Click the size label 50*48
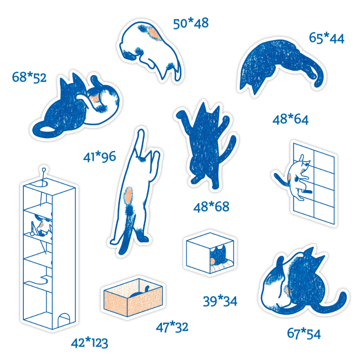(x=191, y=23)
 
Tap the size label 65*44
(x=327, y=38)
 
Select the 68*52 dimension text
(x=29, y=77)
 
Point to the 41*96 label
(x=99, y=157)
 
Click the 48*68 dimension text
(x=211, y=207)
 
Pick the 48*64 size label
(x=290, y=119)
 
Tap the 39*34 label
(x=220, y=301)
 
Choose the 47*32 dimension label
(x=172, y=327)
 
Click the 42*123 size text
(x=90, y=343)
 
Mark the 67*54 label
(x=304, y=333)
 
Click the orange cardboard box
(x=133, y=297)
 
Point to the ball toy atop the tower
(x=44, y=170)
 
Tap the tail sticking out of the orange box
(x=147, y=288)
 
